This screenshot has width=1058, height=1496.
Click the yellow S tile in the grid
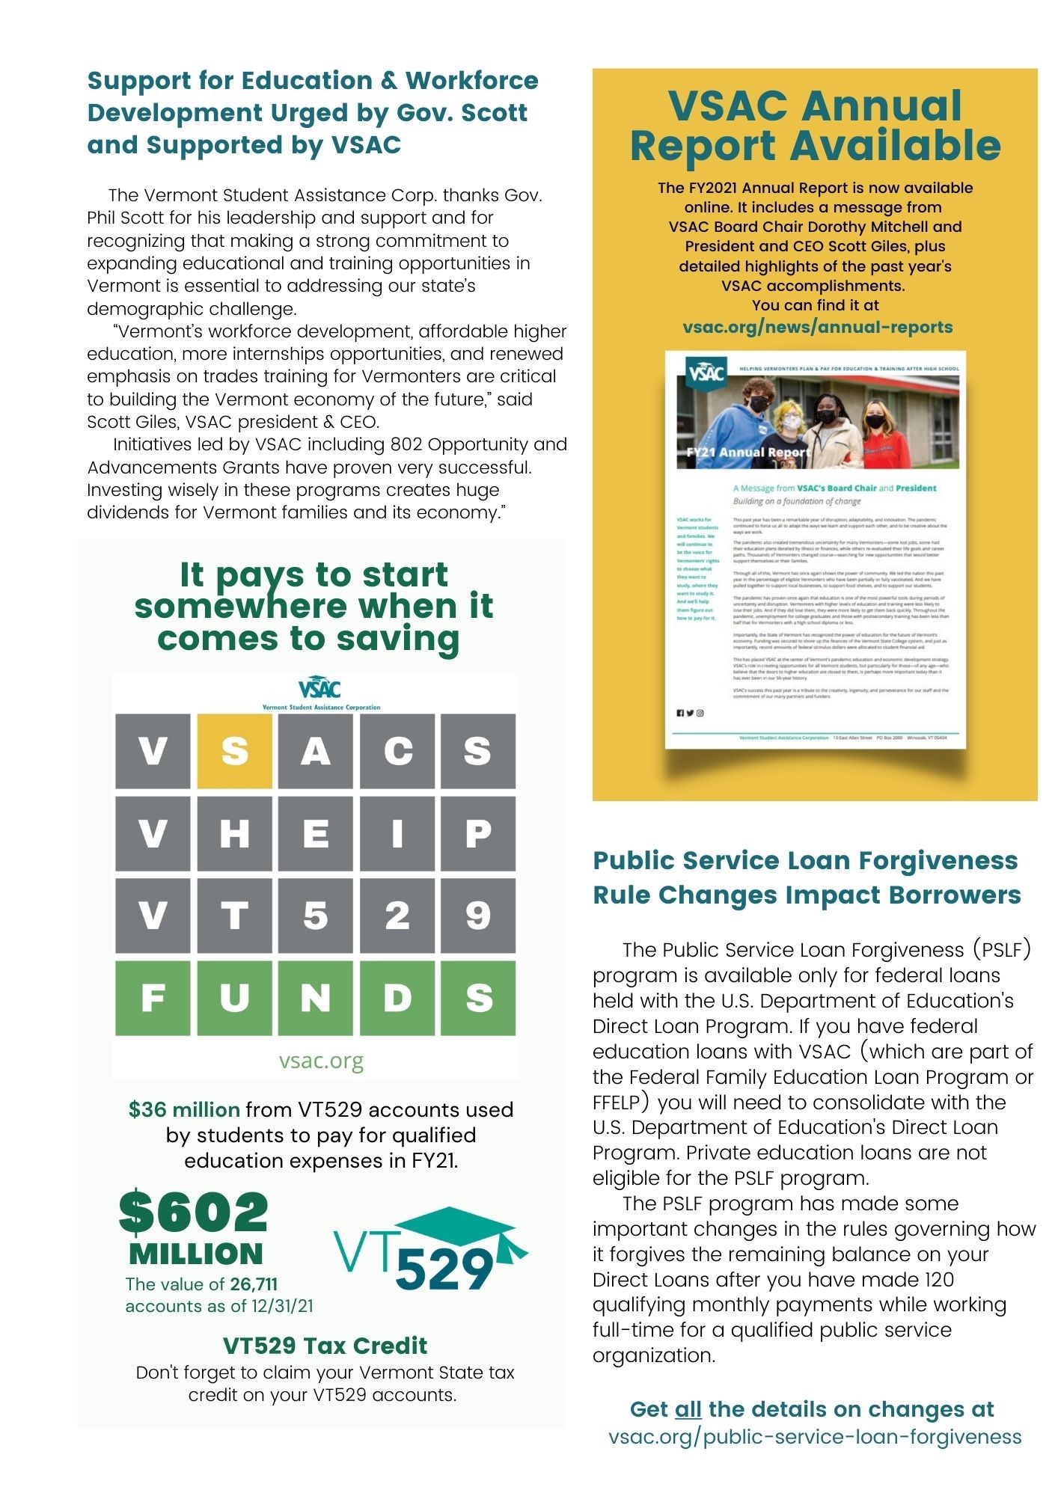(234, 750)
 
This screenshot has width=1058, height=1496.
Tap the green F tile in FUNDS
(153, 997)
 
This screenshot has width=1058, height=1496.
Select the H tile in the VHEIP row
(234, 833)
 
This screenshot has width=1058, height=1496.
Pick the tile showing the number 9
(478, 915)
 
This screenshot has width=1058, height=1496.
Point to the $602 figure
(194, 1213)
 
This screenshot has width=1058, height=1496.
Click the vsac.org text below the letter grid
(321, 1061)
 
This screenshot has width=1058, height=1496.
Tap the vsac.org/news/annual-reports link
(817, 327)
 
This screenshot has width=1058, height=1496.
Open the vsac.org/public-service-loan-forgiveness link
(815, 1436)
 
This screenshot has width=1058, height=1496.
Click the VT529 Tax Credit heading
(325, 1346)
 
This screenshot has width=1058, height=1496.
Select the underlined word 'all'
(688, 1409)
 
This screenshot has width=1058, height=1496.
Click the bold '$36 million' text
(184, 1109)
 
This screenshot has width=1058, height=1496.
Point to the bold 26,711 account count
(254, 1284)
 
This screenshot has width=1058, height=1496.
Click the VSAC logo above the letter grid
(319, 688)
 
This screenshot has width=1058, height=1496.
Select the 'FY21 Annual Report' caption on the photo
(747, 452)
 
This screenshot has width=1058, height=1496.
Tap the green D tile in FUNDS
(397, 997)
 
